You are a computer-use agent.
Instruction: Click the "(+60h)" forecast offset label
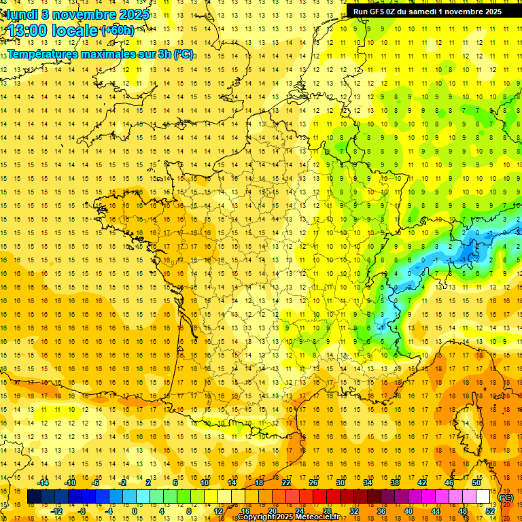coord(117,31)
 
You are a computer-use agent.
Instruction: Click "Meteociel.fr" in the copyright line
coord(312,517)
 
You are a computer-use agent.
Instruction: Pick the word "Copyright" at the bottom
coord(257,517)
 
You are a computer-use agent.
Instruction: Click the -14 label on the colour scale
coord(43,483)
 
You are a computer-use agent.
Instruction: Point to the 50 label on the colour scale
coord(476,483)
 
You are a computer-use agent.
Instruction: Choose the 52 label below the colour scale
coord(490,511)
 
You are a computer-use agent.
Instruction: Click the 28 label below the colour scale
coord(327,511)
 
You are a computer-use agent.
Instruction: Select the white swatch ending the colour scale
coord(483,497)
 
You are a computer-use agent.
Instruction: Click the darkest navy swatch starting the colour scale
coord(34,497)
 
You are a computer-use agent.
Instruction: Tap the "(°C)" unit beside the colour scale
coord(506,498)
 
